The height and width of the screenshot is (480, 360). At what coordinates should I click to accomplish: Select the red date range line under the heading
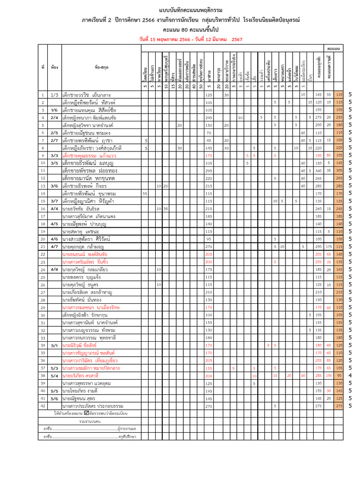[191, 39]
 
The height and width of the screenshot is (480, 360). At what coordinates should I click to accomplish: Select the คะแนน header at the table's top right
[334, 48]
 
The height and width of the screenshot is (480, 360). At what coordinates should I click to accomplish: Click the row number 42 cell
[43, 405]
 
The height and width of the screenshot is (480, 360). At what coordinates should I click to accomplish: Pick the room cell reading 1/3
[54, 95]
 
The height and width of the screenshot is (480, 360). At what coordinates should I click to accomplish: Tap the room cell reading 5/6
[54, 398]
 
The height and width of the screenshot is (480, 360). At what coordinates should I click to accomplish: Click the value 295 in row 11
[209, 171]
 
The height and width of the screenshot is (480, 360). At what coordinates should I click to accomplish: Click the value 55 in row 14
[145, 193]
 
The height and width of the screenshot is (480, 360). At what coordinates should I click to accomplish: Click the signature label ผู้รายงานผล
[127, 428]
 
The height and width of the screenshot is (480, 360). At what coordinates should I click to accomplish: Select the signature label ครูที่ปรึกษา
[127, 436]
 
